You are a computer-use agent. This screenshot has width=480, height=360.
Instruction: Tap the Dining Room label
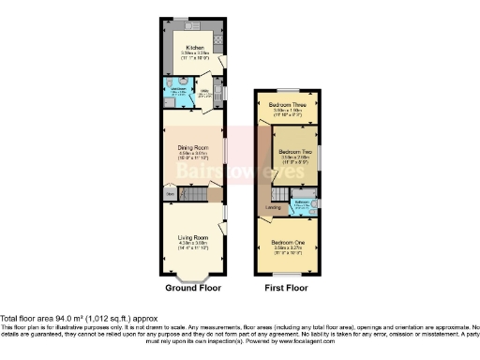[x=192, y=146]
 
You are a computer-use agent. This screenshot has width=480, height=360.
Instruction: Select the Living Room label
[x=192, y=239]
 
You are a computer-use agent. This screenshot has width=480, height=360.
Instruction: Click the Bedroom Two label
[x=294, y=151]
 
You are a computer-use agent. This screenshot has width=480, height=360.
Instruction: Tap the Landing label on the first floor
[x=274, y=207]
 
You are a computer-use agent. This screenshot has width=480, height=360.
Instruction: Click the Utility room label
[x=203, y=90]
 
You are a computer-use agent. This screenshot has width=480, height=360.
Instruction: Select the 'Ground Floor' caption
[x=192, y=288]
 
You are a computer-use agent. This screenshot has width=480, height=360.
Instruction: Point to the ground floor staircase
[x=193, y=195]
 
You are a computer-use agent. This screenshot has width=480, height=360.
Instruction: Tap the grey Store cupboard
[x=170, y=195]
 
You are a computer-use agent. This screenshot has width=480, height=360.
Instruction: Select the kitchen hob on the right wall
[x=217, y=39]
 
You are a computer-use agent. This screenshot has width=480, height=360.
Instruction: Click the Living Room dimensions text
[x=192, y=246]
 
